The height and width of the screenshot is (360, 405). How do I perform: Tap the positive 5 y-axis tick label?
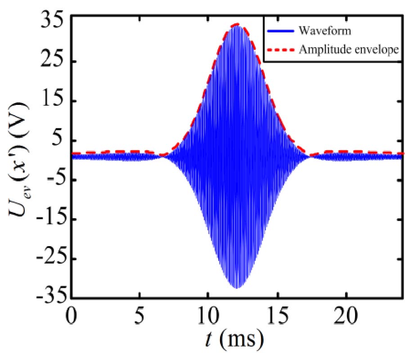click(58, 140)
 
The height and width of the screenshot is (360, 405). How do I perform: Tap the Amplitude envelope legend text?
click(348, 50)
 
